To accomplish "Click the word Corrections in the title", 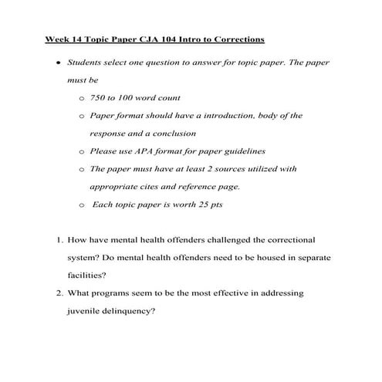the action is (237, 38).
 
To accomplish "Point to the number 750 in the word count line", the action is (100, 97).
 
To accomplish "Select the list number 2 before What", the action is (58, 294).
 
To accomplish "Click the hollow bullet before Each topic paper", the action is (83, 205).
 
